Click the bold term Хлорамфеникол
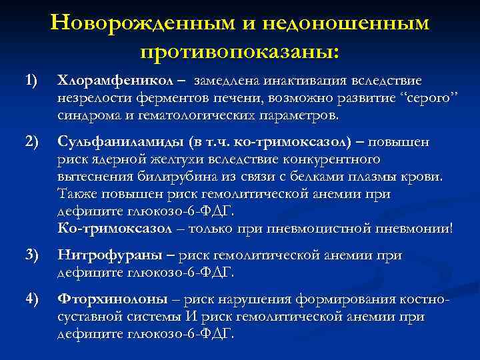(x=115, y=81)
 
